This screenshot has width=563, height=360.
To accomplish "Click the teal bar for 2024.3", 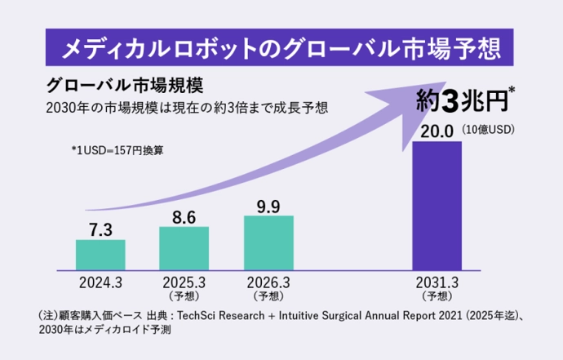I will tap(100, 254).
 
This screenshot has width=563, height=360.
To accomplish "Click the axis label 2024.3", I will tap(100, 282).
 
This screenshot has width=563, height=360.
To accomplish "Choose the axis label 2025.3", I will tap(184, 282).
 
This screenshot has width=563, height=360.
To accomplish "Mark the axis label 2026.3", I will tap(268, 282).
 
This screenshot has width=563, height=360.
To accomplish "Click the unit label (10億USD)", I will tap(498, 130).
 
